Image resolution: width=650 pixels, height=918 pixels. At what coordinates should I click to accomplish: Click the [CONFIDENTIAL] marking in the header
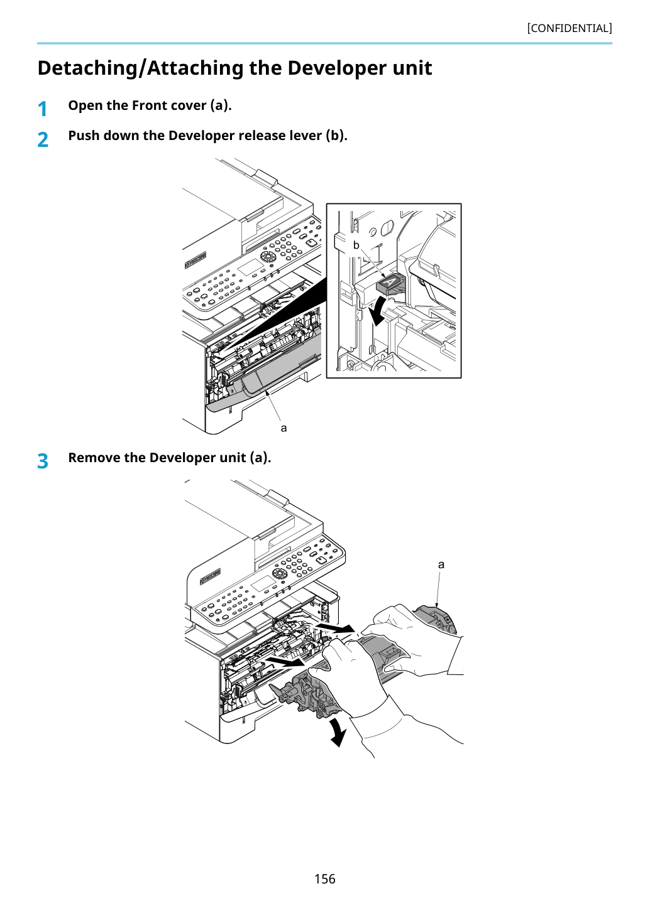(570, 28)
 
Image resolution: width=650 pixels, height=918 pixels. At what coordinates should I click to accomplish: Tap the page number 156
(324, 878)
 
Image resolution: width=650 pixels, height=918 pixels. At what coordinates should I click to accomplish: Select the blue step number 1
(42, 109)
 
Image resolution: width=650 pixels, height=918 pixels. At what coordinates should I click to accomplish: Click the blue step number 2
(43, 139)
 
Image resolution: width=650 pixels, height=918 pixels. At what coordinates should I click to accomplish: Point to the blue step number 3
(43, 462)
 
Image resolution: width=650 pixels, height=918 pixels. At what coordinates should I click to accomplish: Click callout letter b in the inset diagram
(356, 245)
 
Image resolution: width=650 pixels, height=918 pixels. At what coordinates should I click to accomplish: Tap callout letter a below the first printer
(284, 428)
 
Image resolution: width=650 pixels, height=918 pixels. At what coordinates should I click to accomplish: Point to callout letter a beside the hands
(441, 564)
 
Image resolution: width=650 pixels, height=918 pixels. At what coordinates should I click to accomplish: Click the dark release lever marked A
(390, 284)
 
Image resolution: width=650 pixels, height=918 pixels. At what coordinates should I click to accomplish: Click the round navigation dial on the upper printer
(267, 257)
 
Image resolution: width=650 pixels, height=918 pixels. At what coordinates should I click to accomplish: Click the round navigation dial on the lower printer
(280, 573)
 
